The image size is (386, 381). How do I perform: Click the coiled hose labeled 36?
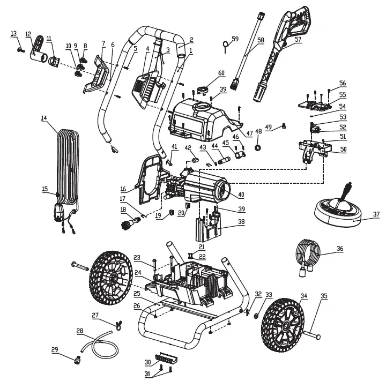tap(307, 253)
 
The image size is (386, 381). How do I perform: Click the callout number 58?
tap(261, 40)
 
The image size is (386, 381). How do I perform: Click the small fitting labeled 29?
tap(78, 360)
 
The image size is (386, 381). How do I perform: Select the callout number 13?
tap(14, 34)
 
